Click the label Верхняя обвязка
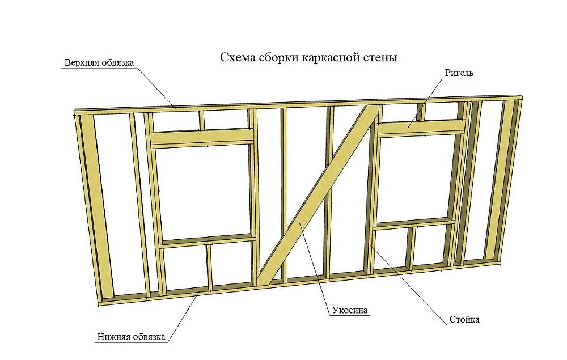(x=99, y=62)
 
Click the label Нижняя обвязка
(x=130, y=337)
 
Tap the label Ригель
(x=460, y=73)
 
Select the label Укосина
(x=349, y=310)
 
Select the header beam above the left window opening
(x=201, y=138)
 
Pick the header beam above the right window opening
(x=421, y=128)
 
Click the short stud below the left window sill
(x=209, y=266)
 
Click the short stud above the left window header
(x=201, y=120)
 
